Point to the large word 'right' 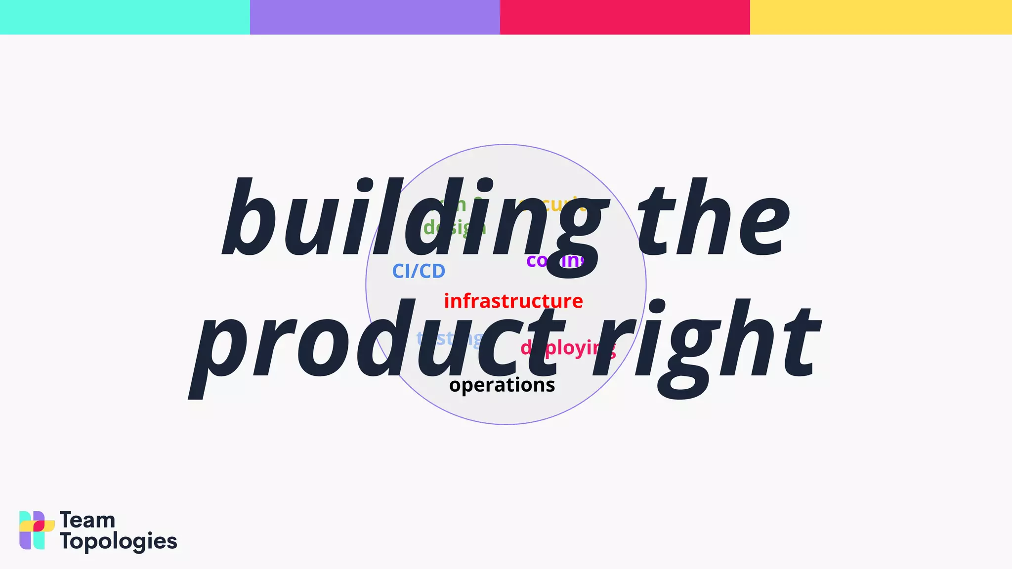[707, 341]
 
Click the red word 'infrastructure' [513, 301]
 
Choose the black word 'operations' [502, 385]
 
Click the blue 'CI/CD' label [419, 271]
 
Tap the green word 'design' [455, 228]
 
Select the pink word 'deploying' [568, 348]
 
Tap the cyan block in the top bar [125, 17]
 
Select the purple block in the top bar [375, 17]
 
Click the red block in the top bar [625, 17]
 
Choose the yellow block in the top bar [881, 17]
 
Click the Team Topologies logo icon [37, 530]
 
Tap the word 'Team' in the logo [87, 520]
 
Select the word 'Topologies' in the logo [118, 542]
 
